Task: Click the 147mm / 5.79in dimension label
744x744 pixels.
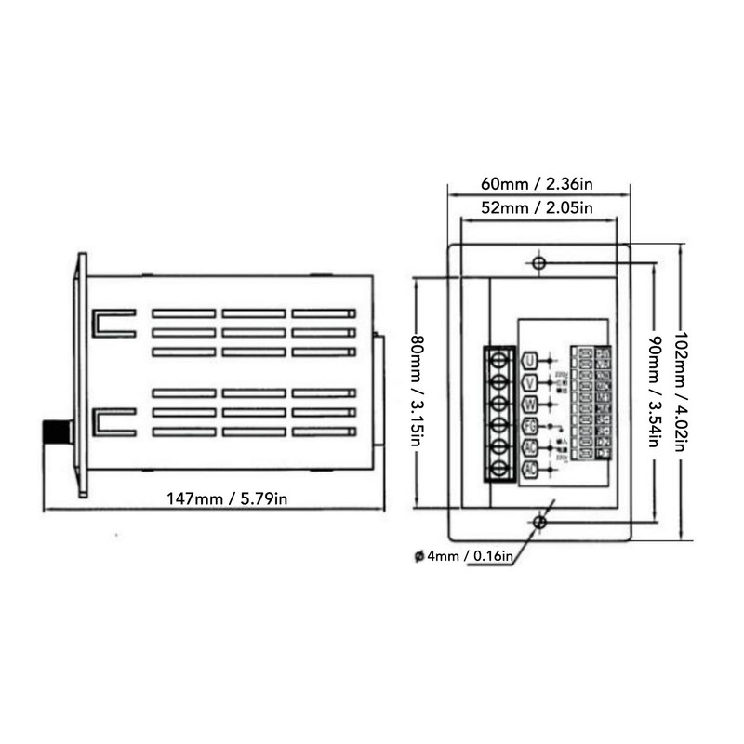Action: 227,498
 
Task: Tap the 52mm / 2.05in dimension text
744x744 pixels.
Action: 538,207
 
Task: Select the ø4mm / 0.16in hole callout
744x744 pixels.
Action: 463,557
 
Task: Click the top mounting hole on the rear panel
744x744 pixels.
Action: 538,264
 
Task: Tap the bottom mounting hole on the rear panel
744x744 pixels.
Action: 538,524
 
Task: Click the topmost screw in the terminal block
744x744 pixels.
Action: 499,360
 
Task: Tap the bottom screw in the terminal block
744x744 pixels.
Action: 499,469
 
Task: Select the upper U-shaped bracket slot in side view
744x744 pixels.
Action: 113,323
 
